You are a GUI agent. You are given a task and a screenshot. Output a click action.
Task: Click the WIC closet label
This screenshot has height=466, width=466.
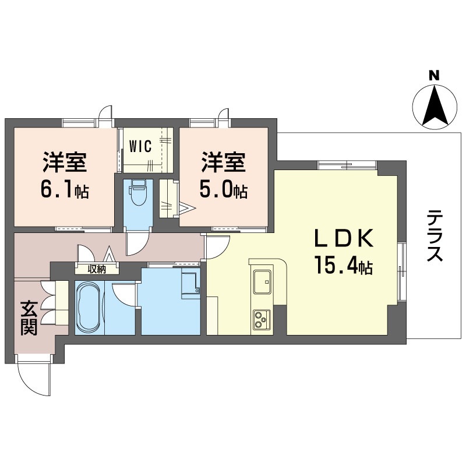[140, 146]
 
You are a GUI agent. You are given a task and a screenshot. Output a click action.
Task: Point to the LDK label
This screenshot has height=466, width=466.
[344, 238]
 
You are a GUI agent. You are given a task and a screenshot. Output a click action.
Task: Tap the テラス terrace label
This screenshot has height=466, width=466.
[435, 235]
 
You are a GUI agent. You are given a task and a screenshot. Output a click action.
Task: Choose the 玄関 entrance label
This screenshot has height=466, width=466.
[29, 317]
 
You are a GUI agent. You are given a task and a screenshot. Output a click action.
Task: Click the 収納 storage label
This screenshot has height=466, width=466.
[97, 269]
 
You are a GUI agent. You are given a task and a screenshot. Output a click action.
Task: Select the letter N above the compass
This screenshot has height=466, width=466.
[434, 76]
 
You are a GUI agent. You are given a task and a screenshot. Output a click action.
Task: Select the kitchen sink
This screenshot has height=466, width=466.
[263, 282]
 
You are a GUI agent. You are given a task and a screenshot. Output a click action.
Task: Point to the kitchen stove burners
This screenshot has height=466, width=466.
[262, 319]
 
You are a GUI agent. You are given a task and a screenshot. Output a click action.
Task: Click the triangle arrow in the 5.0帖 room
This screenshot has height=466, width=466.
[187, 208]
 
